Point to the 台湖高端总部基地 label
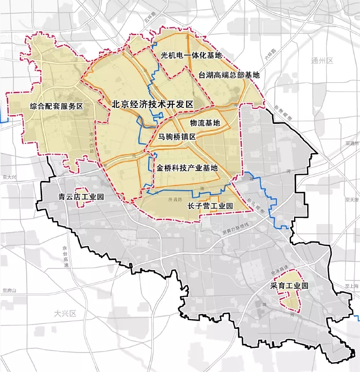229,75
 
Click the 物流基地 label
205,123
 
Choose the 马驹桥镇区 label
177,137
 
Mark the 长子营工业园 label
210,206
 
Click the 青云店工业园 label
81,197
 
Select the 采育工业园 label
289,286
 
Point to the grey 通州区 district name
322,61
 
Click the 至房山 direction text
9,291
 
